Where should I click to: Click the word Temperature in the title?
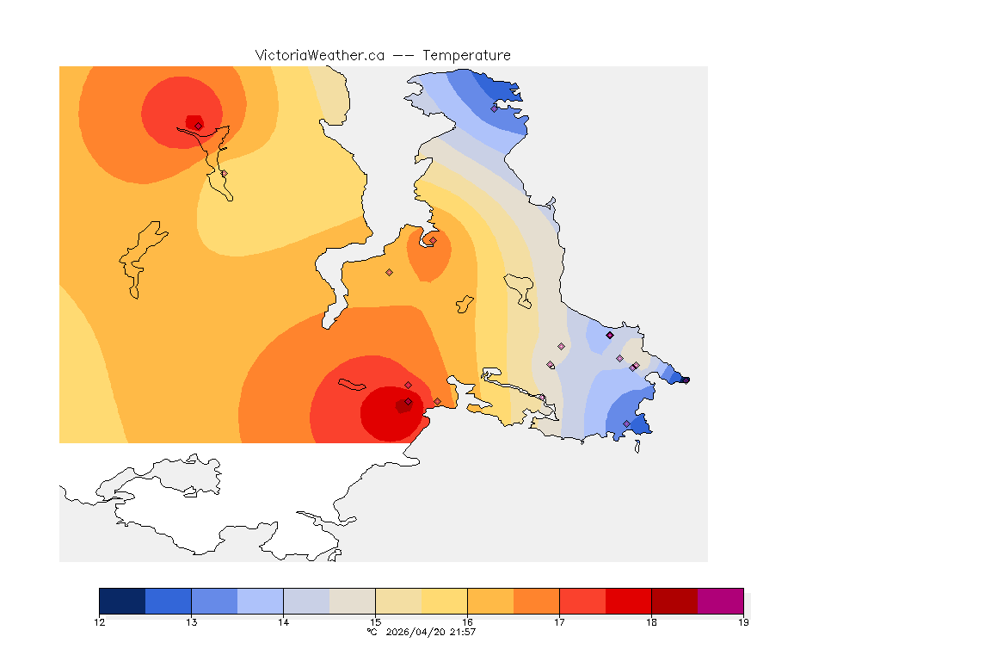[466, 55]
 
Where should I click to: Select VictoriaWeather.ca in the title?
[319, 55]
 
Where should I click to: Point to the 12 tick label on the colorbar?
[100, 622]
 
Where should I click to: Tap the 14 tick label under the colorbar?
[283, 622]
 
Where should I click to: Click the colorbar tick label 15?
[375, 622]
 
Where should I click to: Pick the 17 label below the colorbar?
[559, 622]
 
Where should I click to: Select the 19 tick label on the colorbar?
[742, 622]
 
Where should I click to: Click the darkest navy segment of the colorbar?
[122, 601]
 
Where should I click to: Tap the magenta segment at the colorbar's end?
[720, 601]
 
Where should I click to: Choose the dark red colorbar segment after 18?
[674, 601]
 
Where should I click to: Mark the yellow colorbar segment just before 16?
[444, 601]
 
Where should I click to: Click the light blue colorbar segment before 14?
[260, 601]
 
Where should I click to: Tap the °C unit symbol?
[372, 633]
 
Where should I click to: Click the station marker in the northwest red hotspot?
[198, 126]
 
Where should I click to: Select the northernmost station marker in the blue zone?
[495, 108]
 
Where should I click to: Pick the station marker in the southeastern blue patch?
[626, 423]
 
